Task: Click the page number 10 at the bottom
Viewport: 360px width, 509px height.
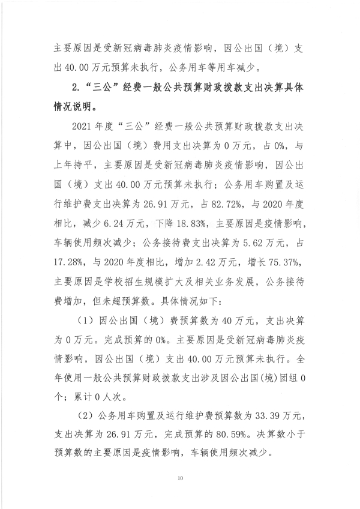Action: (x=179, y=478)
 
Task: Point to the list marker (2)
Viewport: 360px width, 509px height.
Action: (x=85, y=415)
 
